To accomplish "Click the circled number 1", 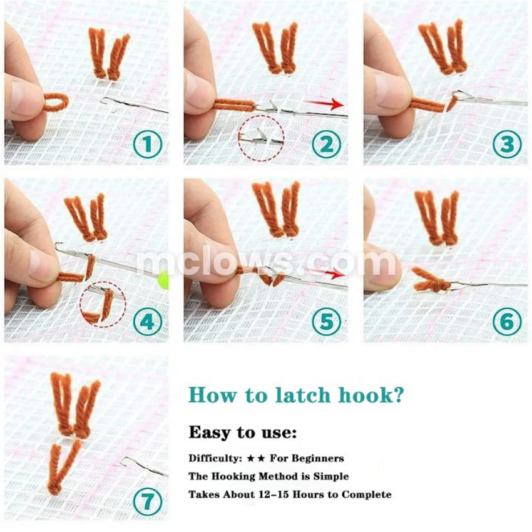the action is (x=148, y=144).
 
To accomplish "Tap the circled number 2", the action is (x=326, y=144).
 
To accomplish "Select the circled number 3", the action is (x=507, y=144).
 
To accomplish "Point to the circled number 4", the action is (x=148, y=322).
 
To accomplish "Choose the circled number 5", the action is (x=326, y=322).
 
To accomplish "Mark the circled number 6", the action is (x=507, y=322).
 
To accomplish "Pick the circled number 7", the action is (x=148, y=501).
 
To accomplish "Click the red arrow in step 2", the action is (x=324, y=104).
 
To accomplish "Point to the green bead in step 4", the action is (x=164, y=280).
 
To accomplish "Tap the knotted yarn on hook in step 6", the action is (x=431, y=280).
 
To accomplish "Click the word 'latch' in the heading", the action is (x=303, y=396).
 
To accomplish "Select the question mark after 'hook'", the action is (x=398, y=395).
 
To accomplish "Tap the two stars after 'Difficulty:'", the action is (x=256, y=459).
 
